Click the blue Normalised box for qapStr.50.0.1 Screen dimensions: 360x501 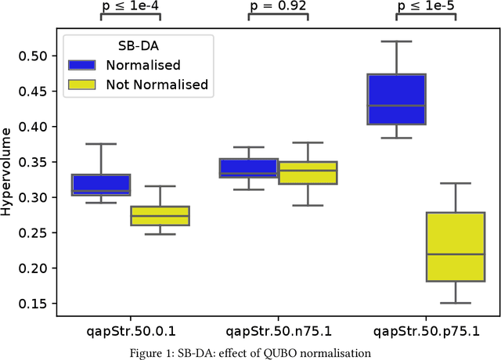coord(101,185)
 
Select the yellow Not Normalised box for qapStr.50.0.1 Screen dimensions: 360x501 coord(160,215)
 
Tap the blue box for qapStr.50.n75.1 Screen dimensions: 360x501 coord(248,168)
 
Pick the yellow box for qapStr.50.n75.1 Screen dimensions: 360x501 coord(308,172)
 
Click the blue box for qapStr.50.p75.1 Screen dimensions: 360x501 coord(396,99)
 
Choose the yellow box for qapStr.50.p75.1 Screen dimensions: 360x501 coord(456,247)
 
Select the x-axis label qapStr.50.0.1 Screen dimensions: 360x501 coord(131,330)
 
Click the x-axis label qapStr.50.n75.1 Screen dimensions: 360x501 coord(278,330)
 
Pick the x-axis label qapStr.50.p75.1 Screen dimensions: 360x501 coord(426,330)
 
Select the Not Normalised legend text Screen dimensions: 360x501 coord(157,85)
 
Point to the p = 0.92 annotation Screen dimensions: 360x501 coord(278,6)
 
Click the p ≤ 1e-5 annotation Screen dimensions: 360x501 coord(426,6)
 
